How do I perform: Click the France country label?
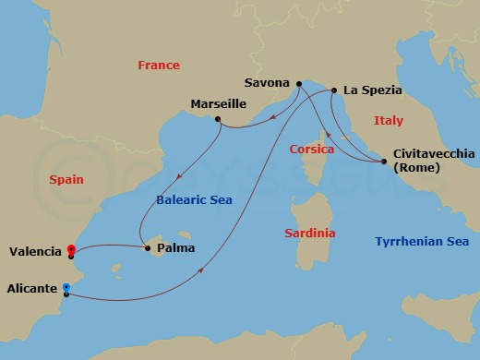click(158, 66)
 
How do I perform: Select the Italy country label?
click(389, 121)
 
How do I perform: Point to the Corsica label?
click(311, 149)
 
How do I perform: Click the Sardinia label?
click(309, 234)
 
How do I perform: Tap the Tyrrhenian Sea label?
click(421, 241)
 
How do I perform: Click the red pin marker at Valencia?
click(71, 249)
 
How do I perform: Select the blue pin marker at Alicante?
click(66, 288)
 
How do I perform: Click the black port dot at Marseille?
click(217, 119)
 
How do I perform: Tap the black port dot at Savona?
click(299, 84)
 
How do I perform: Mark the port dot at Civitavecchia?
click(383, 162)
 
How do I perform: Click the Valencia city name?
click(34, 251)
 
